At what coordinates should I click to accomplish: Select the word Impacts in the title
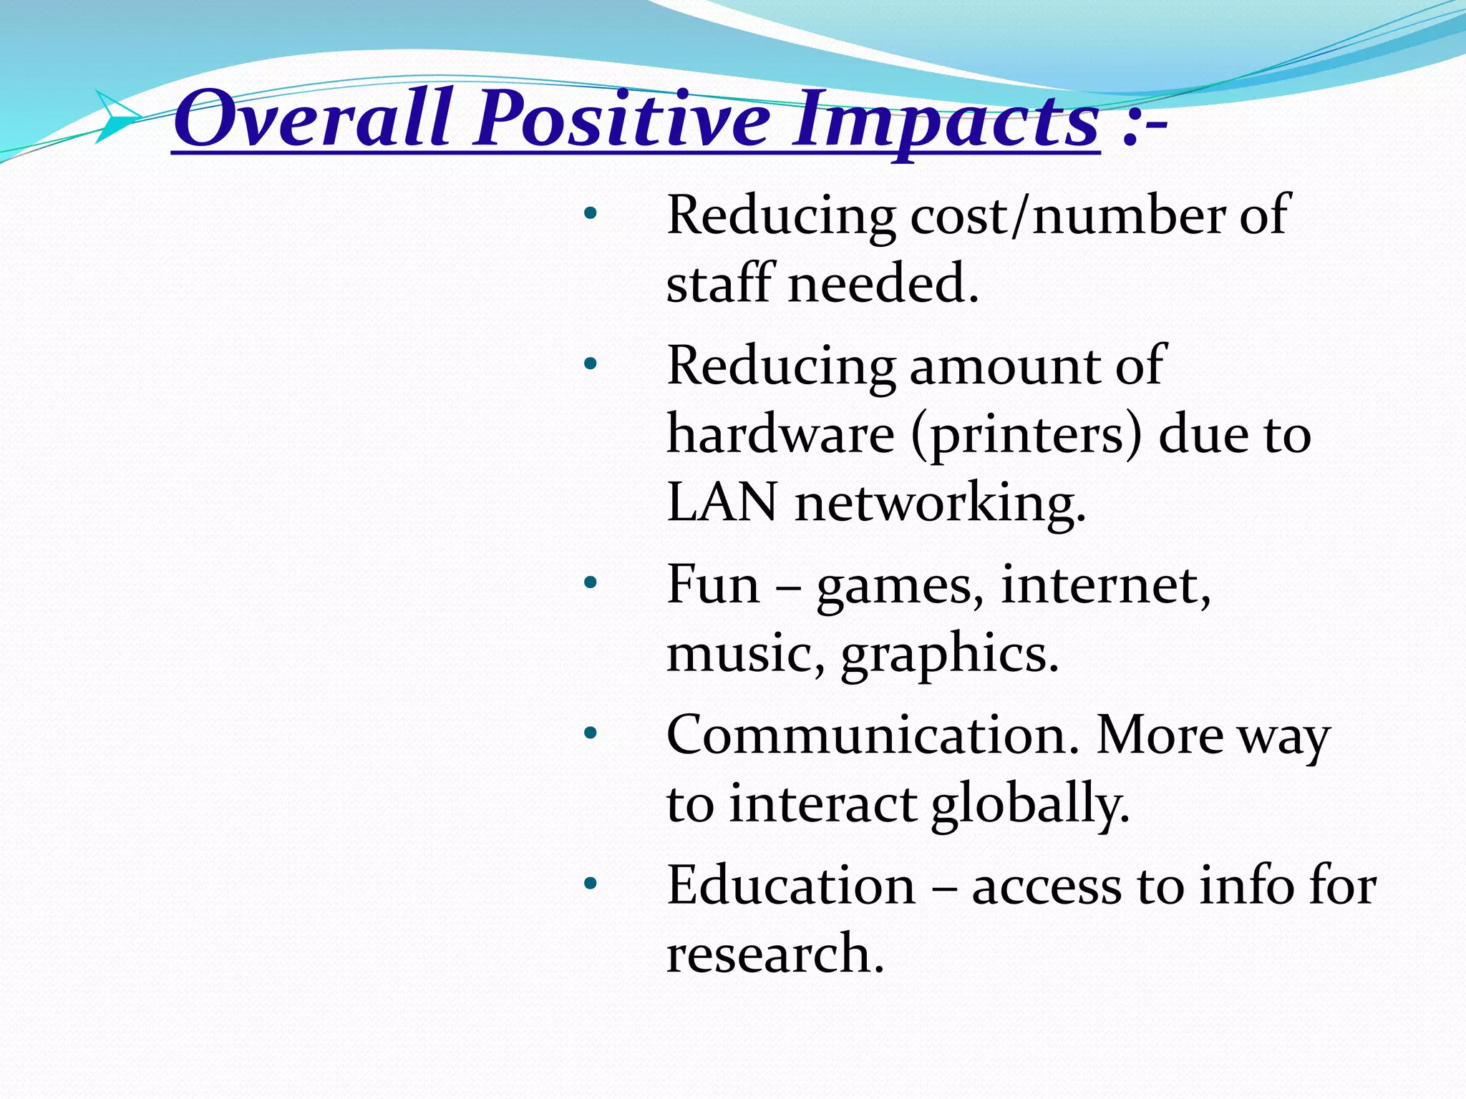945,120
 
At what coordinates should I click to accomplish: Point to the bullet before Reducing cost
589,213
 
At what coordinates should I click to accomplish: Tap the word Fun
712,585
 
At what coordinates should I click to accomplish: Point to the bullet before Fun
589,583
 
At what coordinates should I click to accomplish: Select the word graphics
949,655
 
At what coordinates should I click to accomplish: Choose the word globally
1030,804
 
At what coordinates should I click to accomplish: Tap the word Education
791,886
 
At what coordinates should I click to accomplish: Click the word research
775,954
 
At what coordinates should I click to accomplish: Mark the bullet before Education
589,884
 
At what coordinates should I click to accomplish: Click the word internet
1105,585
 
